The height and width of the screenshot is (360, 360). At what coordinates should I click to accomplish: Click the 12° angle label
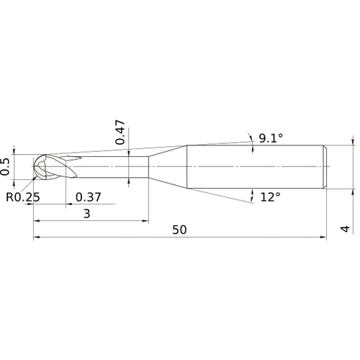pyautogui.click(x=269, y=196)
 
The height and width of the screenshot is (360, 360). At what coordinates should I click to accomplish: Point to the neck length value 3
pyautogui.click(x=87, y=214)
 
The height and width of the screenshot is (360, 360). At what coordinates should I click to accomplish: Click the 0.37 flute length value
pyautogui.click(x=88, y=197)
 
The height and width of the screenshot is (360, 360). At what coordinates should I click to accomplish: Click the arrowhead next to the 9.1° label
pyautogui.click(x=249, y=137)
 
